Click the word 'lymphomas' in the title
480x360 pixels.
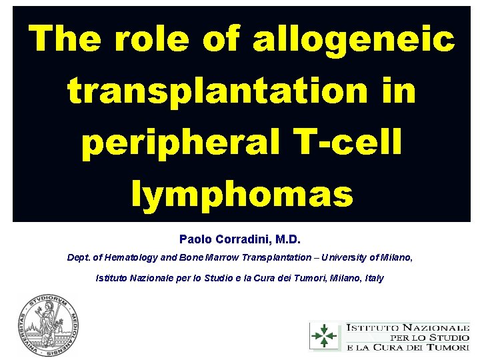[x=242, y=194]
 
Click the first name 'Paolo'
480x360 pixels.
[x=194, y=238]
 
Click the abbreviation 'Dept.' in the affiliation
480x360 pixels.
[x=79, y=257]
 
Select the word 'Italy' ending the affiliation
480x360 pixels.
[x=373, y=278]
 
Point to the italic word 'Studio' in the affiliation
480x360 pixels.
[x=227, y=278]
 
